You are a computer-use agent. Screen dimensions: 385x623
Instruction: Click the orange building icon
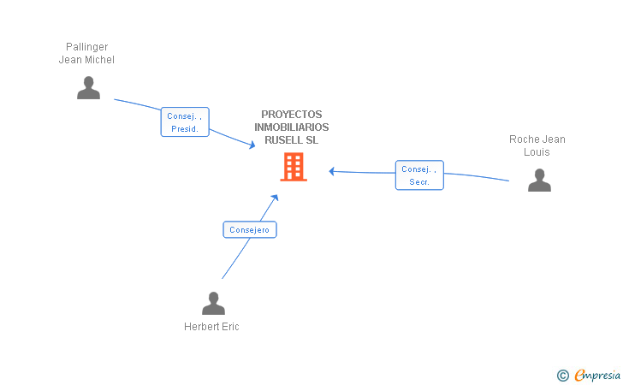[x=294, y=167]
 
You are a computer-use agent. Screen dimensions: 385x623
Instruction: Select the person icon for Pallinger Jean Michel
[x=88, y=87]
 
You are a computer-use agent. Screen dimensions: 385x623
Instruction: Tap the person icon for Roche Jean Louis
[x=539, y=180]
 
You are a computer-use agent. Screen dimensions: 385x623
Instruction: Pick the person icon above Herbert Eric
[x=213, y=303]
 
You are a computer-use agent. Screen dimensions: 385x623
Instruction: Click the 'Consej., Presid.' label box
[x=185, y=122]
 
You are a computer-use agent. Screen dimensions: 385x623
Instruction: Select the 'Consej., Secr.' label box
[x=419, y=175]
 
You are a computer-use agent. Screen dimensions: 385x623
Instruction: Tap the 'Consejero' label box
[x=250, y=229]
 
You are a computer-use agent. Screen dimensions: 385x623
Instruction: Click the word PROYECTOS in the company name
[x=292, y=115]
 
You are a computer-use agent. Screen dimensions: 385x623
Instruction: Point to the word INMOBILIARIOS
[x=292, y=127]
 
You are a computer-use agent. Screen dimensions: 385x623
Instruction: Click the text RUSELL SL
[x=292, y=140]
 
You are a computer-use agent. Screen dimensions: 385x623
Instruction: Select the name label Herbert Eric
[x=211, y=327]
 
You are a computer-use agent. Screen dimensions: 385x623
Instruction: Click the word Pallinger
[x=86, y=47]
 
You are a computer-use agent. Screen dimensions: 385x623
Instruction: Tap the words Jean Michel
[x=86, y=60]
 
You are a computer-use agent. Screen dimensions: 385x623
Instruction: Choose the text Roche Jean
[x=537, y=139]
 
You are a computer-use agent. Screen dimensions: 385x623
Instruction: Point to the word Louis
[x=537, y=152]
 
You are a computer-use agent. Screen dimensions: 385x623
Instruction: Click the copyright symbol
[x=562, y=375]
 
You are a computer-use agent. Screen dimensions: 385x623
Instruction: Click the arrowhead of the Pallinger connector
[x=252, y=146]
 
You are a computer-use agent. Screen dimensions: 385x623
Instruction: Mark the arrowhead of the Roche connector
[x=332, y=171]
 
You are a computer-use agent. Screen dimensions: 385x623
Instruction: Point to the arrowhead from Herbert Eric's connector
[x=275, y=197]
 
